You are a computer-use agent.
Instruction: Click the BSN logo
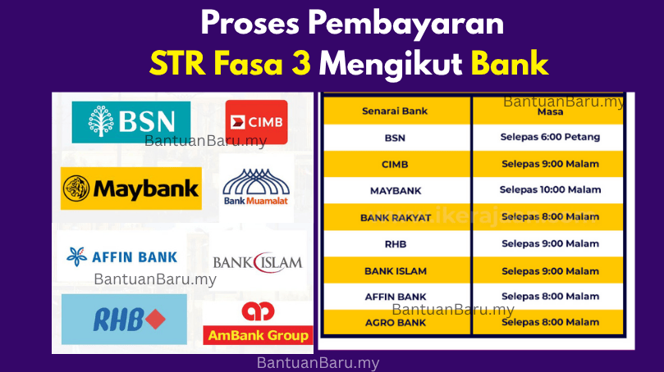click(x=131, y=122)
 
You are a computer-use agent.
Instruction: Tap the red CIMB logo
click(x=256, y=122)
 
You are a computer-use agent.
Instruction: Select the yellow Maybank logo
click(x=131, y=189)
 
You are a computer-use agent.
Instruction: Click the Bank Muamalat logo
click(x=256, y=188)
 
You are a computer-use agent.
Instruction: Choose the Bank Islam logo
click(x=257, y=262)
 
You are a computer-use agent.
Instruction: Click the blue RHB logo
click(x=124, y=319)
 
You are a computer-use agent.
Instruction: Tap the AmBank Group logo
click(x=257, y=324)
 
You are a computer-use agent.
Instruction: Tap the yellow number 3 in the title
click(x=300, y=63)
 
